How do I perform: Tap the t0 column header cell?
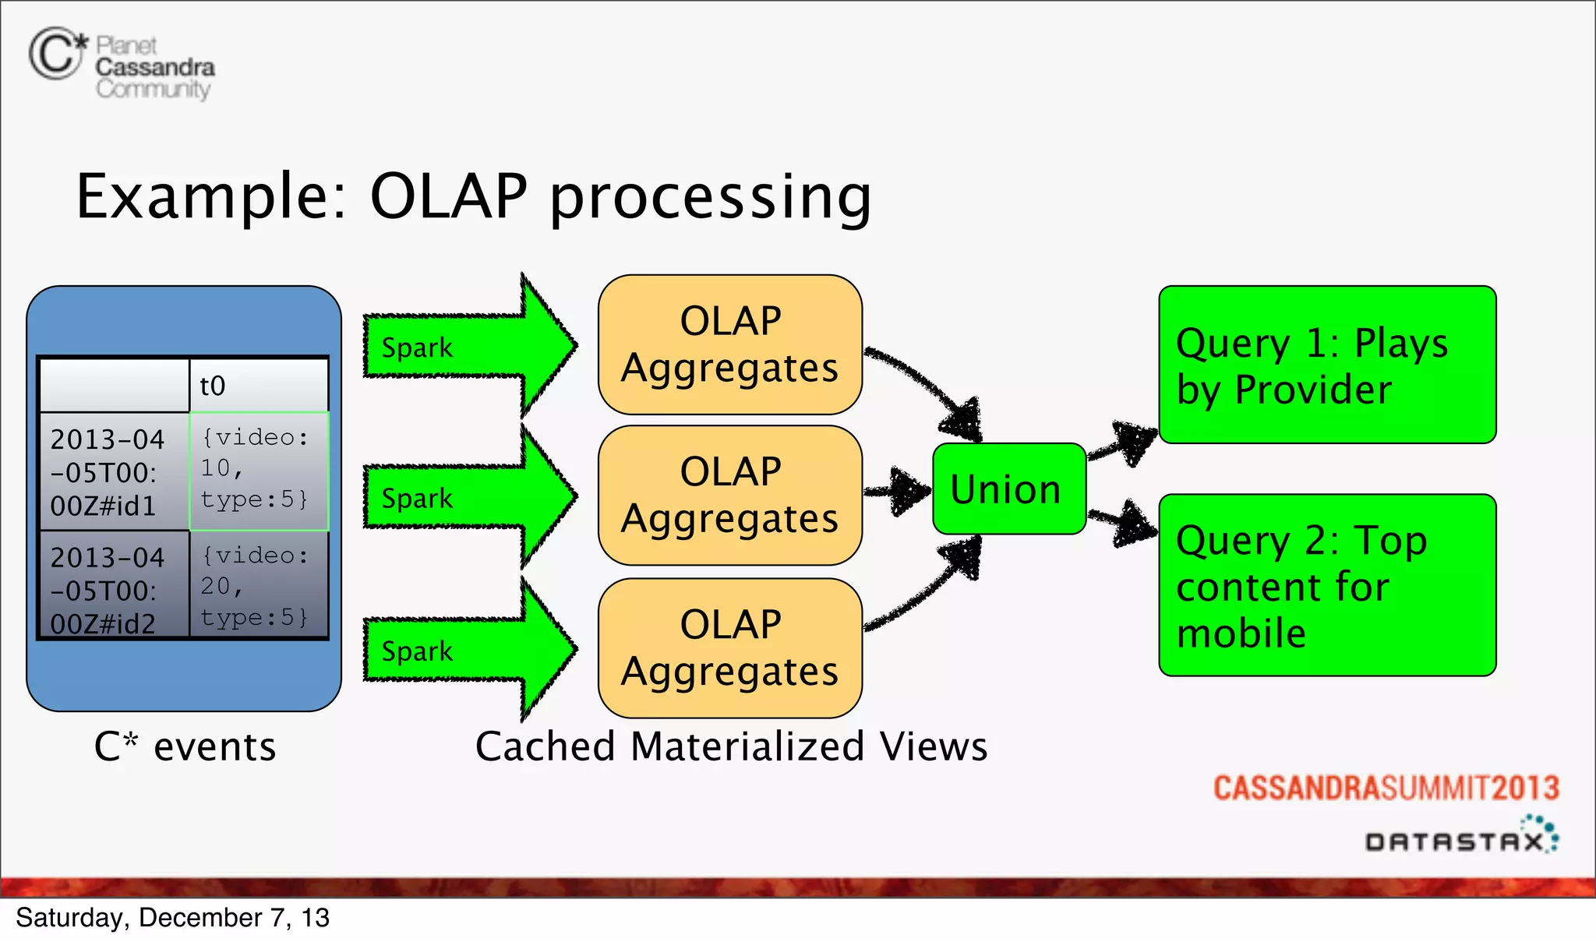258,385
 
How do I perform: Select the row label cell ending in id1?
114,472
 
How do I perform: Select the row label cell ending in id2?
114,589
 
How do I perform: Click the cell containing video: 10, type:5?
258,471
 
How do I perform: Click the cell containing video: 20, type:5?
258,586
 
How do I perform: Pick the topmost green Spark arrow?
468,346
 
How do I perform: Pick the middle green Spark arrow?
468,497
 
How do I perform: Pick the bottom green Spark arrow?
468,650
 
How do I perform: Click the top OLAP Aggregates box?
729,344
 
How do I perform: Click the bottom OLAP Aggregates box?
729,648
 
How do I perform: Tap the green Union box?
1008,489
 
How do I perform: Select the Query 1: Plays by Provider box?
1326,365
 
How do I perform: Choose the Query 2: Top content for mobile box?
1326,584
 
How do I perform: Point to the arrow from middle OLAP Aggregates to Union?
898,491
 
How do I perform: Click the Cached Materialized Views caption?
731,746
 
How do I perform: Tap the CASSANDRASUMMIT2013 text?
1386,788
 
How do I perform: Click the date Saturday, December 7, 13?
173,918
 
